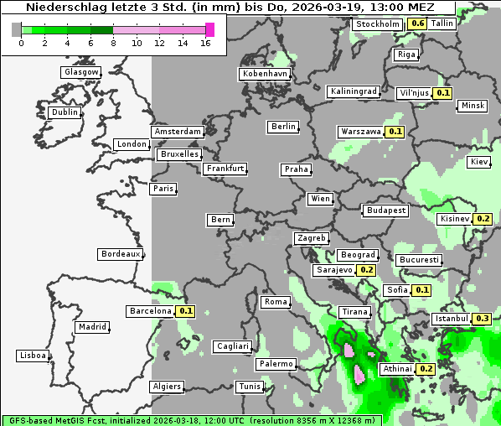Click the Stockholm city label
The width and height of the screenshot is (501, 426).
pos(377,24)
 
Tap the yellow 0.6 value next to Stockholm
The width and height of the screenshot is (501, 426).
pos(416,23)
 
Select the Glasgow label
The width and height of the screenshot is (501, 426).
pos(81,72)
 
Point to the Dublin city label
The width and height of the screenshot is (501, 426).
pos(65,112)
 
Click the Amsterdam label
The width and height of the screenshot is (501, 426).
pos(178,132)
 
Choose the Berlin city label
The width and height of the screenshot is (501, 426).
pos(283,127)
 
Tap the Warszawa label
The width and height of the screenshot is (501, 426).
pos(360,132)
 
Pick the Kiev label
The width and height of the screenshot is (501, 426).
pos(479,161)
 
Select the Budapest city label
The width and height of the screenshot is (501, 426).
pos(385,210)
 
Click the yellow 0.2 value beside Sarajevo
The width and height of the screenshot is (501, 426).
pos(366,270)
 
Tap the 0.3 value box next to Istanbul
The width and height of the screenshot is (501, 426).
pos(482,319)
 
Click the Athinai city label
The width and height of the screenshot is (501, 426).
pos(397,369)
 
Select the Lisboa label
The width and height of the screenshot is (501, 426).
pos(33,356)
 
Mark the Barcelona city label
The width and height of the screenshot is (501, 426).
pos(150,311)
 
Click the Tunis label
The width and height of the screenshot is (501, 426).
pos(249,387)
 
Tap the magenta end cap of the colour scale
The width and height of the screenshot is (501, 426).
pos(209,29)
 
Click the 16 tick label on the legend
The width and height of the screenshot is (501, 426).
pos(205,42)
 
